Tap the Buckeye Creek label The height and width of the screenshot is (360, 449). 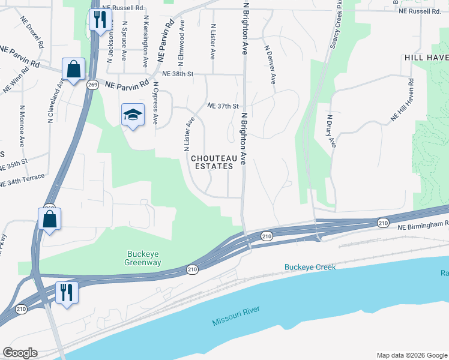click(310, 267)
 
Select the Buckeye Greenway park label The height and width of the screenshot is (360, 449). click(143, 258)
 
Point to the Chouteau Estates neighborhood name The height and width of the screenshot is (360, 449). click(212, 163)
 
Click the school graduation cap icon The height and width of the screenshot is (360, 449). click(133, 115)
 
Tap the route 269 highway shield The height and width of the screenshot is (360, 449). click(92, 85)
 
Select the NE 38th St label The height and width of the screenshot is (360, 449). click(174, 74)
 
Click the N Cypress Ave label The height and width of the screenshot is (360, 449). click(155, 103)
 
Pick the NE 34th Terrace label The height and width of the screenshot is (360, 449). click(22, 178)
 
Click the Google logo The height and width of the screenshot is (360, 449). click(20, 353)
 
